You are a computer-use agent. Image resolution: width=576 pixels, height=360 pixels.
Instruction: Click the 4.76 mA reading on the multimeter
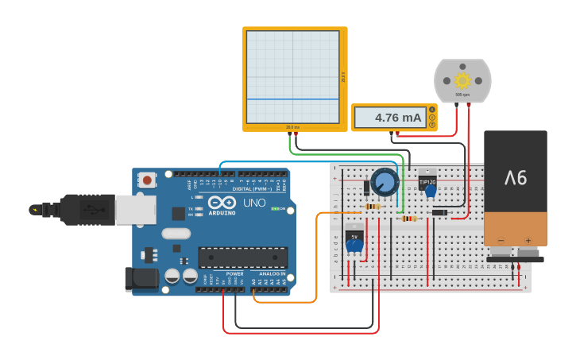397,118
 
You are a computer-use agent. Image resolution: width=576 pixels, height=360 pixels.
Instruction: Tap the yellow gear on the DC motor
462,80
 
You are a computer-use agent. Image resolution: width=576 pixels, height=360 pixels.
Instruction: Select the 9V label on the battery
516,177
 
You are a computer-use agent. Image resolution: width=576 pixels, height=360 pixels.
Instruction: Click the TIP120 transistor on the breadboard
427,181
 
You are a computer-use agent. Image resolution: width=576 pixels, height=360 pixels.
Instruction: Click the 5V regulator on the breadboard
355,238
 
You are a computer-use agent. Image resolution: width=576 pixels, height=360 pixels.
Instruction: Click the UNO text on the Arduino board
254,203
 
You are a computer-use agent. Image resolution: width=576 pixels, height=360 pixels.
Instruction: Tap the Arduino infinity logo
222,203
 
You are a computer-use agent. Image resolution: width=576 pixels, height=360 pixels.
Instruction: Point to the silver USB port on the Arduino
135,210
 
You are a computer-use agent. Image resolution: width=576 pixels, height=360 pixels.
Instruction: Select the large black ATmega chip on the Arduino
242,257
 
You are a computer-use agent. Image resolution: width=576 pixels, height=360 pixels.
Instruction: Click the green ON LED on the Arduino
275,209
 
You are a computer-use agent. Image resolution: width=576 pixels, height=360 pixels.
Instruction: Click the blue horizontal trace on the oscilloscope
293,99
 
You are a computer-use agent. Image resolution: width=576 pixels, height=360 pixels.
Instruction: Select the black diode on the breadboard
439,212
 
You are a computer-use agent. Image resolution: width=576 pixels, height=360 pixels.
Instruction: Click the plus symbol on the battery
528,239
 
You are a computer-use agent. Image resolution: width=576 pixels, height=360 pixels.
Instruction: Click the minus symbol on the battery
501,239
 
